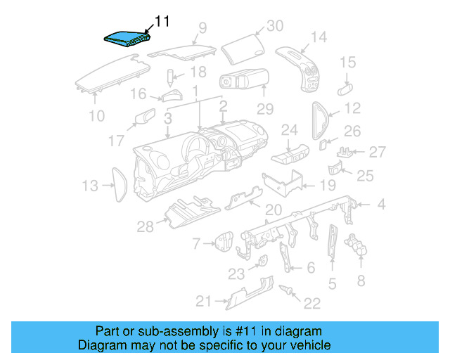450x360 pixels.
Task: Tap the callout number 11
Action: (162, 22)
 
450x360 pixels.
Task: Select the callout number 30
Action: (274, 27)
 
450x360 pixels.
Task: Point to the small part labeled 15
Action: (345, 87)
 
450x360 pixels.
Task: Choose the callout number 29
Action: (264, 109)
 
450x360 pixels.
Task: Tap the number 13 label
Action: (89, 186)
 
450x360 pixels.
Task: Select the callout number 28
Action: (146, 226)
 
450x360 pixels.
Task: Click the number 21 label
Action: (203, 302)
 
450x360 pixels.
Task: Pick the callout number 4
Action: (381, 205)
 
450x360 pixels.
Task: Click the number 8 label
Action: (361, 281)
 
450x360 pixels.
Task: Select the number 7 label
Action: (196, 243)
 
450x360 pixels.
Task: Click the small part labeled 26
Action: (323, 144)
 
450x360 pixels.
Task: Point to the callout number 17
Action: (117, 141)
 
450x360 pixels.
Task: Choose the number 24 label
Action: (290, 130)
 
